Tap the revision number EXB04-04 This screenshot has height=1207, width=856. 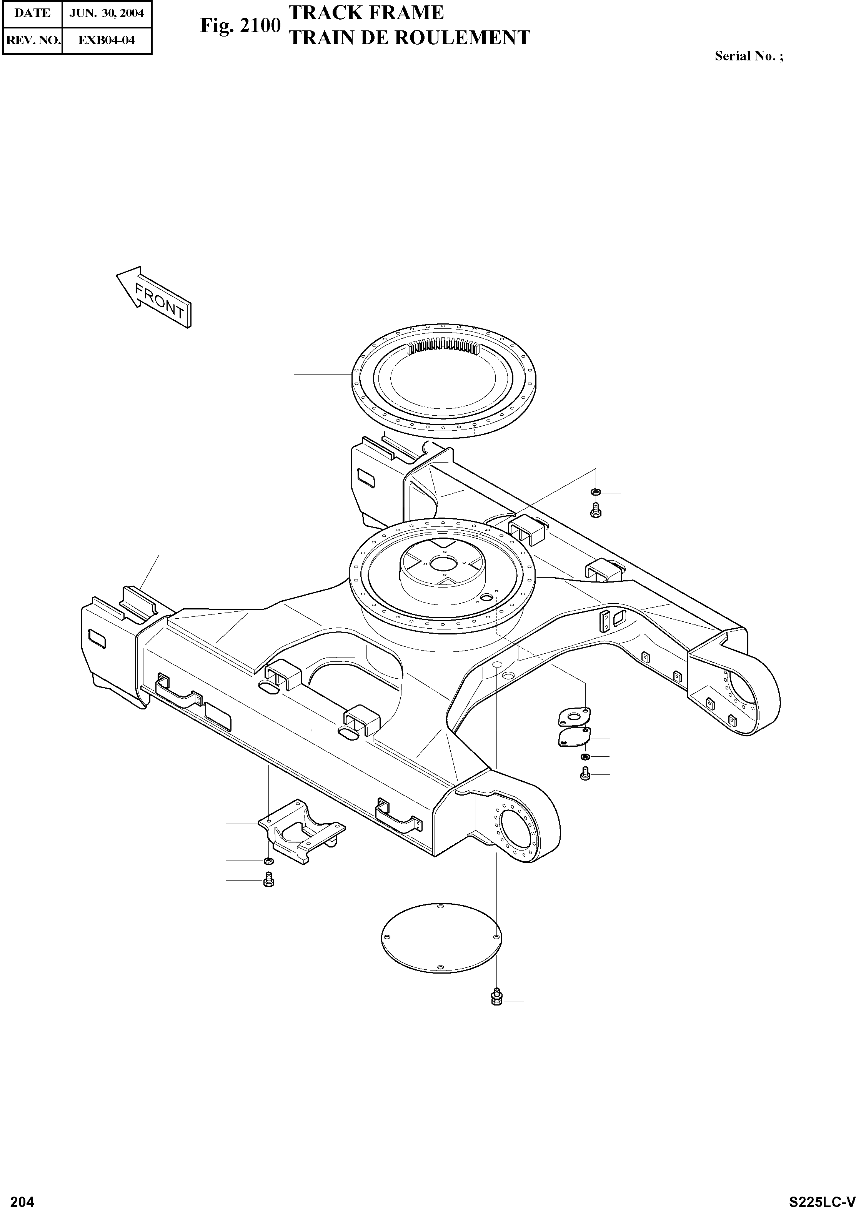click(x=107, y=40)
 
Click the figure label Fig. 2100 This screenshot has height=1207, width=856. click(x=240, y=25)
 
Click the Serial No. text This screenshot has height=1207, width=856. click(x=748, y=56)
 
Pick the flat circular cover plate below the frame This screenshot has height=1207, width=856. click(x=441, y=938)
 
